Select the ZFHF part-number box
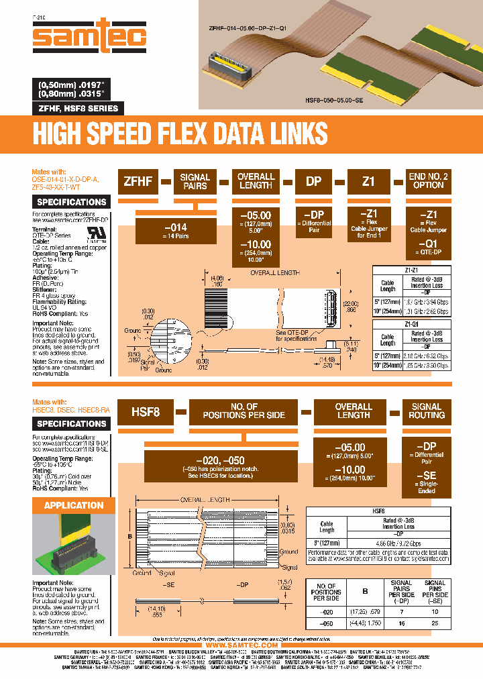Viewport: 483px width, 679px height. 138,181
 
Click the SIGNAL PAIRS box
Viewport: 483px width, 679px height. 195,181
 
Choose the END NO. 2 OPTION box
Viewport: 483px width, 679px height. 428,180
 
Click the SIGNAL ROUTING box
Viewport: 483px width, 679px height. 426,411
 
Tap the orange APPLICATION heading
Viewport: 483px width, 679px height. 74,505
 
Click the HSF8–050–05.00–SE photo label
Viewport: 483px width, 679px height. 333,99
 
